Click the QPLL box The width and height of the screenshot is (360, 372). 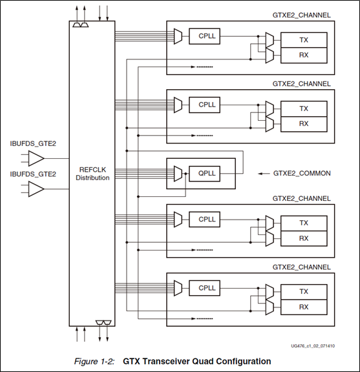coord(207,173)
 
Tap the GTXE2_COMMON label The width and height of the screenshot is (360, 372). coord(302,174)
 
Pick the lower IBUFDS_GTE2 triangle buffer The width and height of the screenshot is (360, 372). coord(36,189)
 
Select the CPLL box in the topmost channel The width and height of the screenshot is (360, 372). coord(207,36)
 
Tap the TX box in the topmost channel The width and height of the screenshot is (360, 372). coord(304,40)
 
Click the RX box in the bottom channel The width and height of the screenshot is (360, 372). coord(304,307)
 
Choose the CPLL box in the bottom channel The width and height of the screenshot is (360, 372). coord(207,288)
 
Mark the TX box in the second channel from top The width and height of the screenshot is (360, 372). coord(304,108)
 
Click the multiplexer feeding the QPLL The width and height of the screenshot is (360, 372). coord(178,173)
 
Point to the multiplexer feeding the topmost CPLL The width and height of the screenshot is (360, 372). coord(178,36)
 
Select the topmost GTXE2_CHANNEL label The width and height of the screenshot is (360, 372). coord(302,15)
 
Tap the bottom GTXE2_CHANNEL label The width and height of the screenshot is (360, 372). coord(302,267)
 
